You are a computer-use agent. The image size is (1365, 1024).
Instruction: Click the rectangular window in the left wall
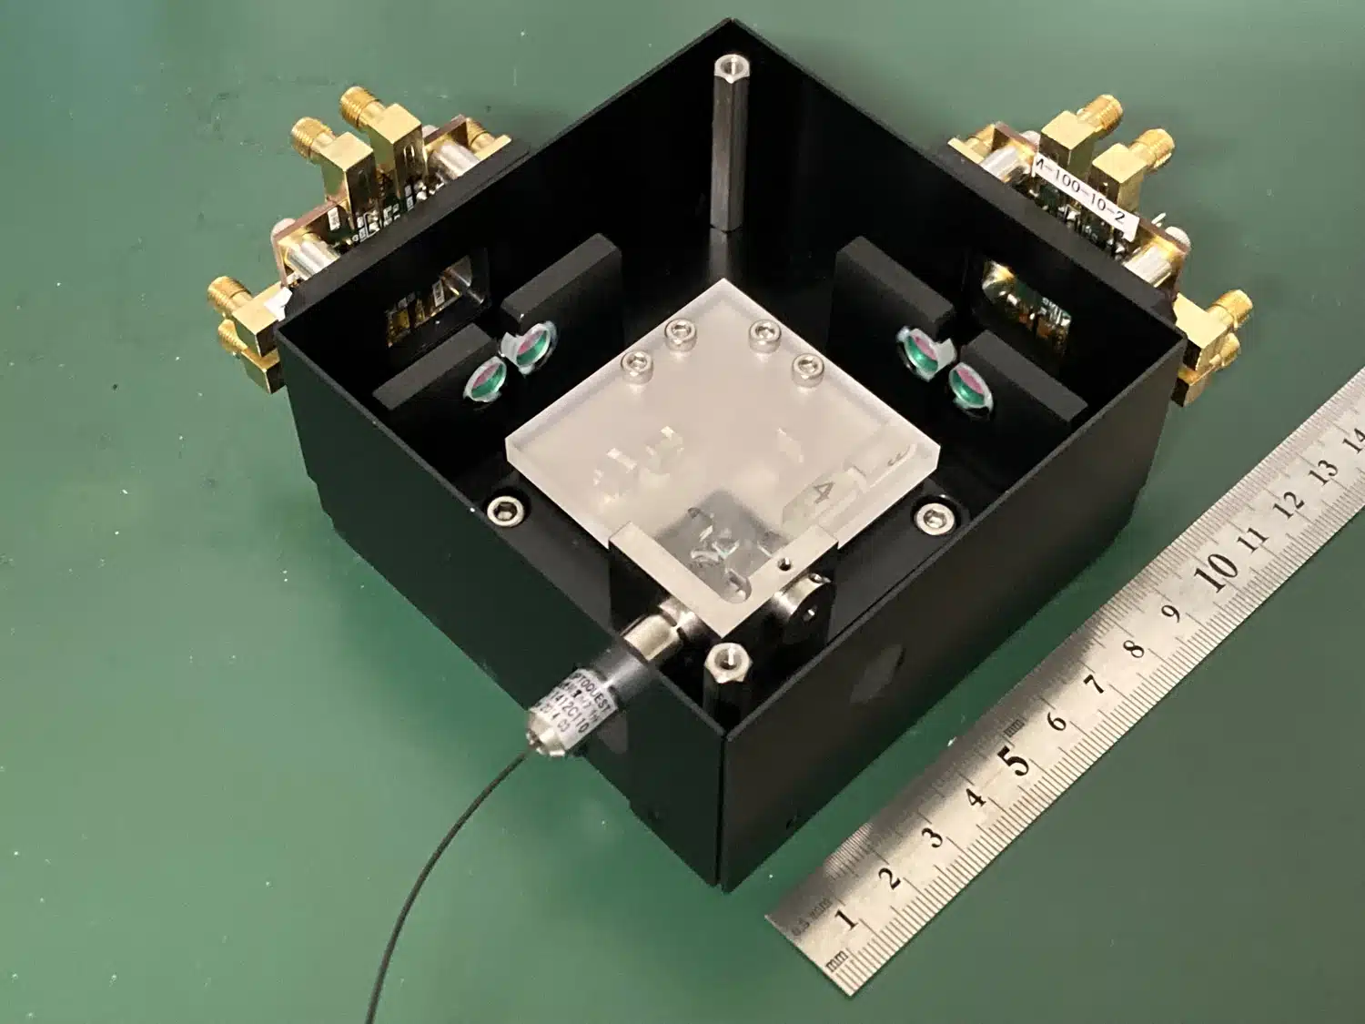[x=428, y=306]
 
